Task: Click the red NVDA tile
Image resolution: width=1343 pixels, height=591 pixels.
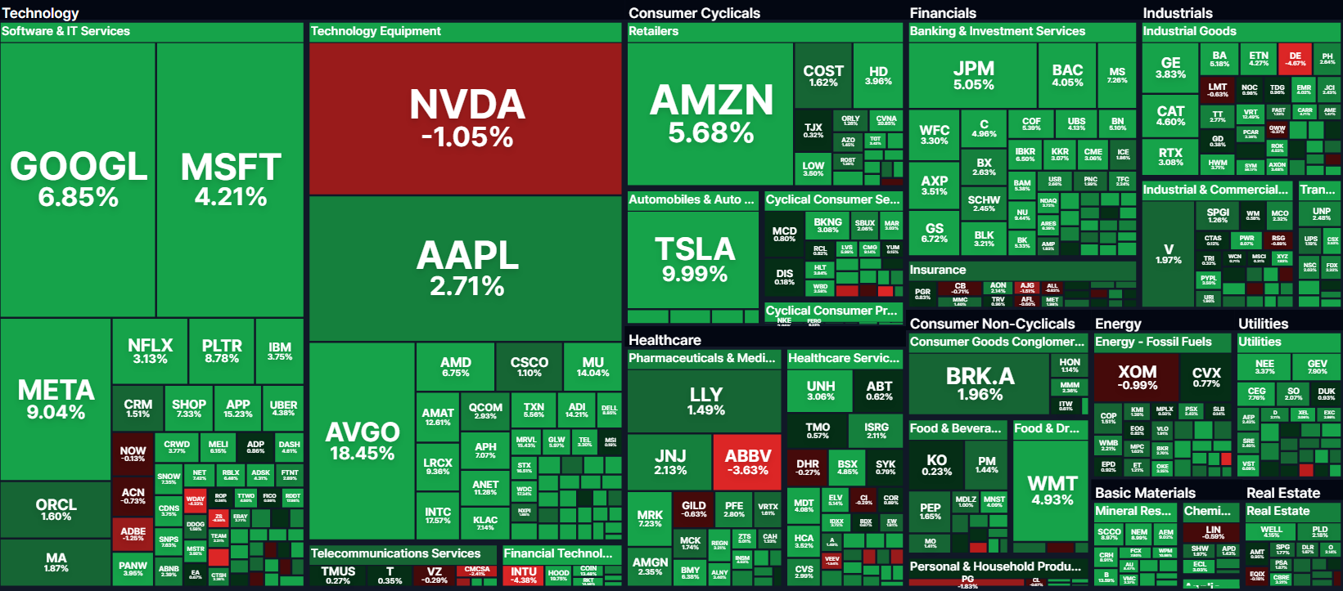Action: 466,119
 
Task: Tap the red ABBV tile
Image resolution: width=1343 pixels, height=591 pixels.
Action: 748,462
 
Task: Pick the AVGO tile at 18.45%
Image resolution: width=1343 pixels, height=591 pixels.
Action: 362,441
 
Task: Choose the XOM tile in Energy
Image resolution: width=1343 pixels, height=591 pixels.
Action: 1137,378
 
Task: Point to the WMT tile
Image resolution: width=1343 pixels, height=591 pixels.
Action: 1052,490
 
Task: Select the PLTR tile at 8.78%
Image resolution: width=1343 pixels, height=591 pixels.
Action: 222,351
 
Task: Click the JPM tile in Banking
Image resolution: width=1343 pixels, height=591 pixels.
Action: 973,75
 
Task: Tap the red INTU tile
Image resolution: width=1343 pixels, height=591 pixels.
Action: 524,575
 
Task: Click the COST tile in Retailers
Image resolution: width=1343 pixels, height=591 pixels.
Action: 822,75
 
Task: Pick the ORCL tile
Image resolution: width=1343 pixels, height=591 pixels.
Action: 56,509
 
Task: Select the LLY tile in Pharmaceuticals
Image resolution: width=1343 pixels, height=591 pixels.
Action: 705,401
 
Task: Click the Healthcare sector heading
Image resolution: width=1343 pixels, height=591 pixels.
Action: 665,340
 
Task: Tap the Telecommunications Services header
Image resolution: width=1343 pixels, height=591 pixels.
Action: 395,553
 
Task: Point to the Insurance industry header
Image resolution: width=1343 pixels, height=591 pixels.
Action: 938,270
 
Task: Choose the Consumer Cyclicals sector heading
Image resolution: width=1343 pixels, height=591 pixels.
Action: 694,13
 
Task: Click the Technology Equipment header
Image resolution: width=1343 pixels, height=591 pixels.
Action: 376,31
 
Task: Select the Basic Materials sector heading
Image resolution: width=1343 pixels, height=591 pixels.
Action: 1145,493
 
